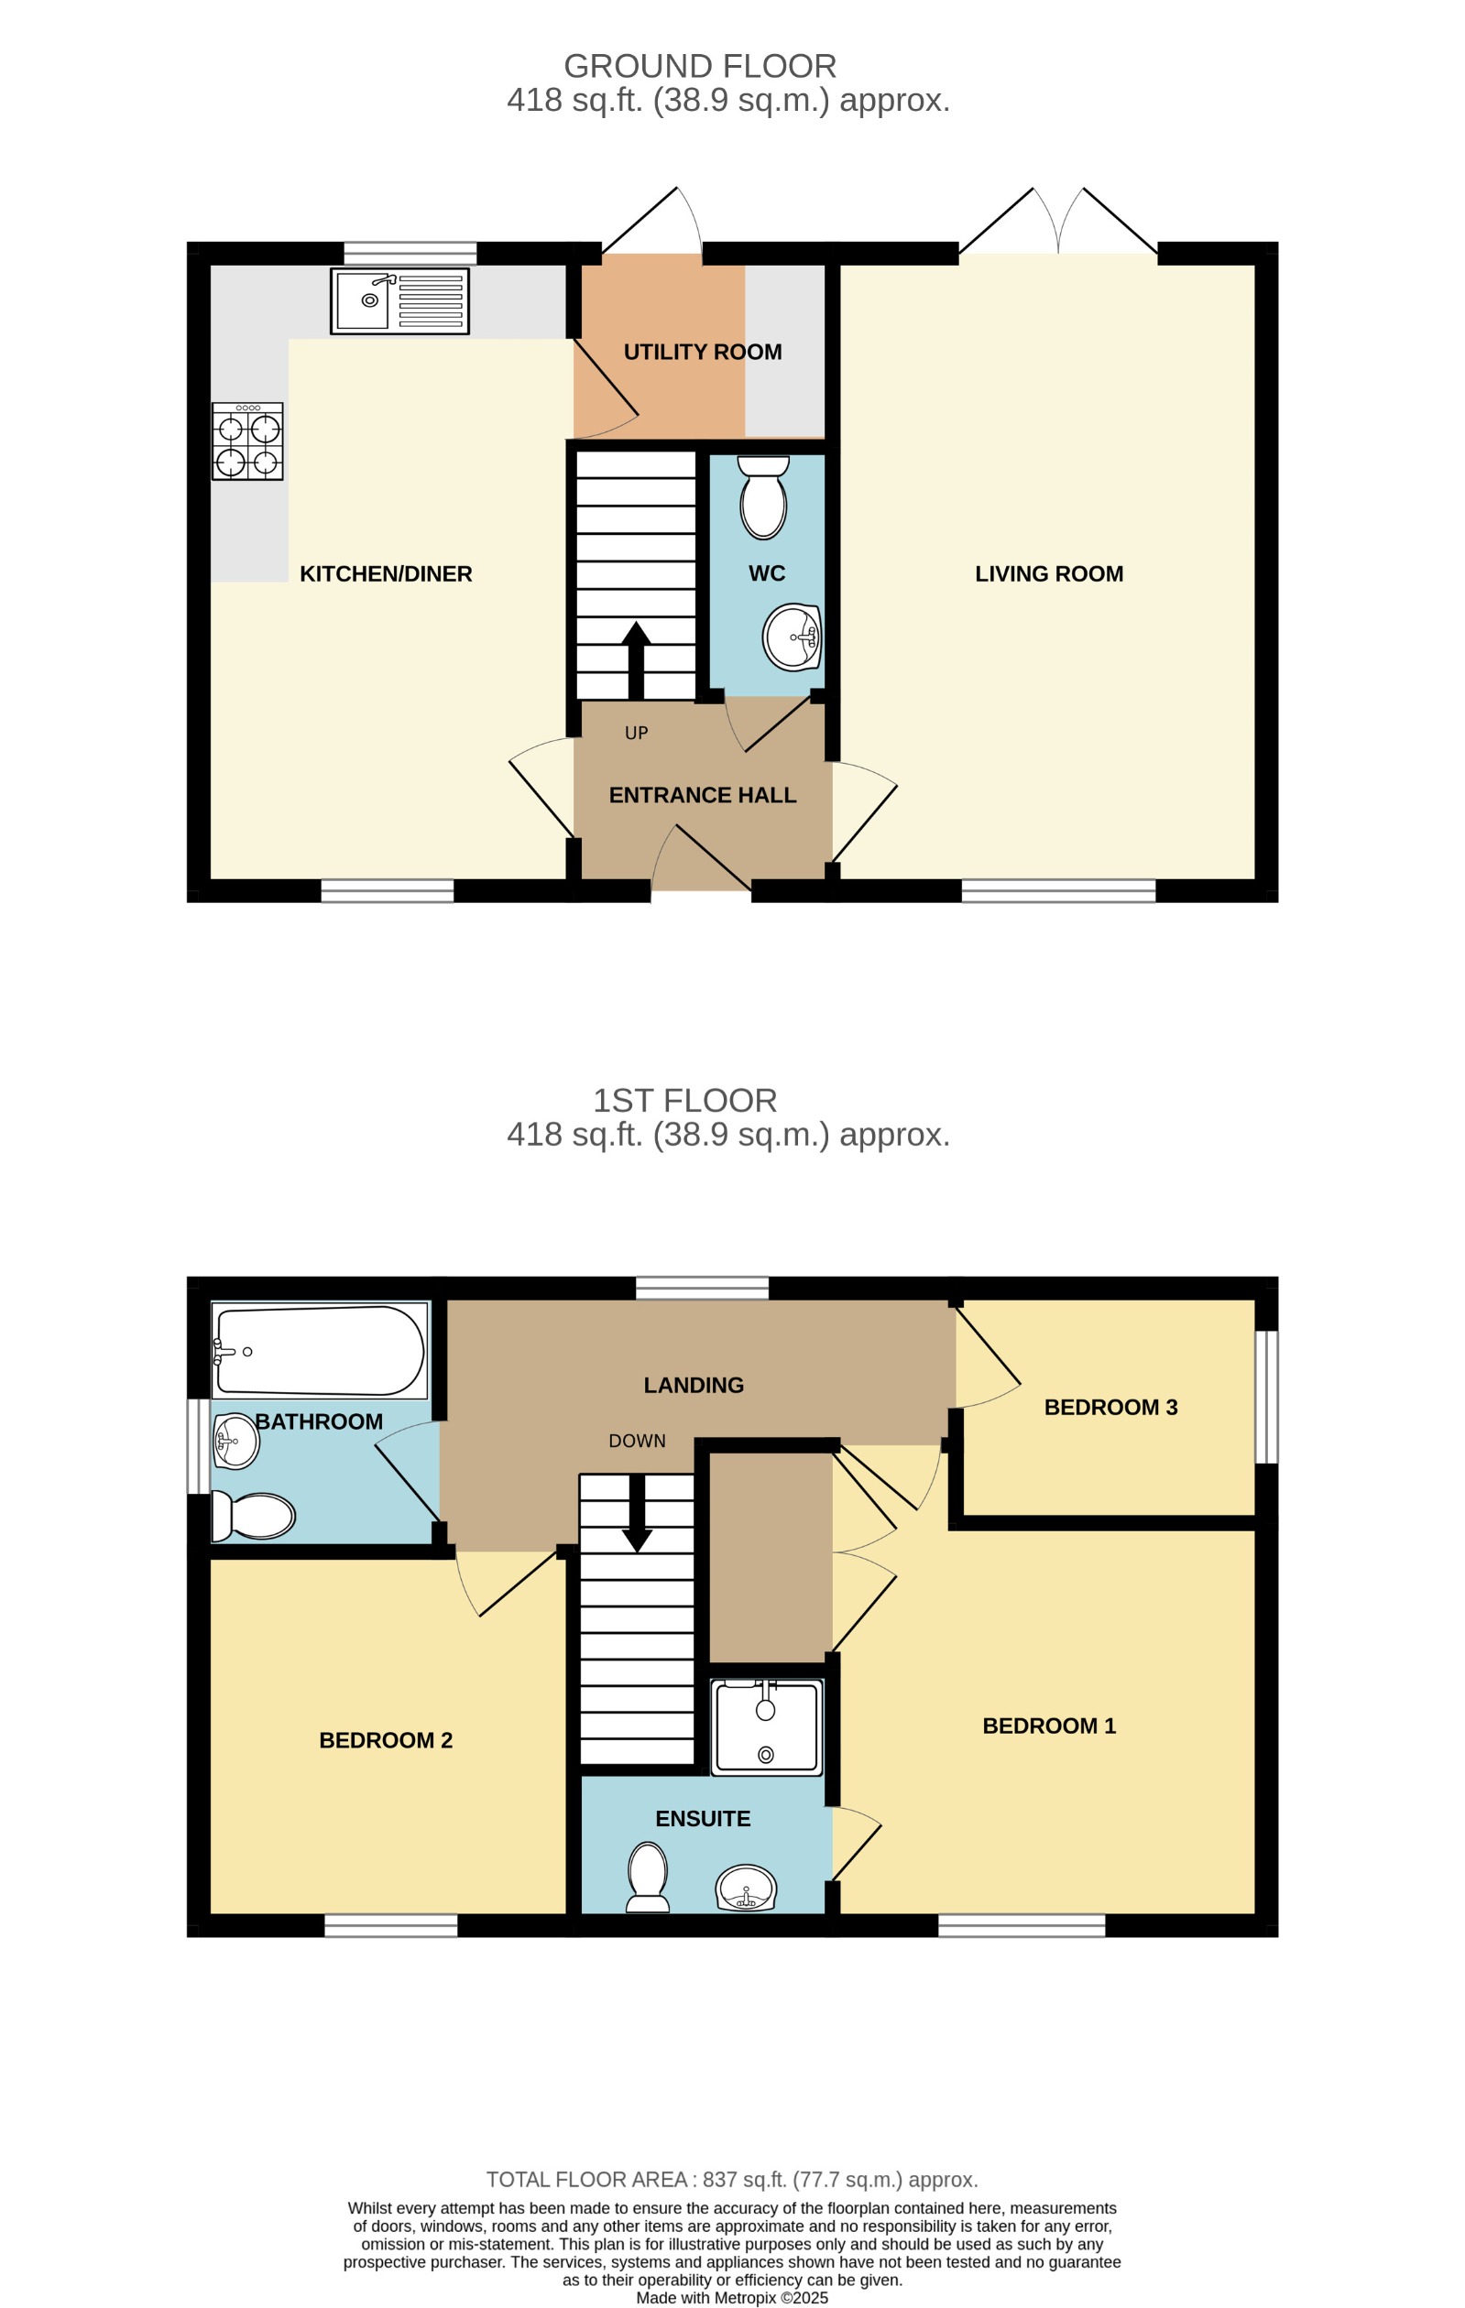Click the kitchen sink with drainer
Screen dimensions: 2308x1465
point(399,301)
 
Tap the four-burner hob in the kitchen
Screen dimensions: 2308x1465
point(247,441)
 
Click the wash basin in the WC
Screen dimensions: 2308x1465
point(792,637)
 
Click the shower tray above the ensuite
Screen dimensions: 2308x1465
point(766,1728)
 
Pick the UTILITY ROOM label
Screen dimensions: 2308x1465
point(703,352)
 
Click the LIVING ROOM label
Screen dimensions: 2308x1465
point(1049,573)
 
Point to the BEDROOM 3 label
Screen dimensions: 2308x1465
point(1110,1407)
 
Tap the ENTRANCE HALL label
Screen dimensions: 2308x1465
point(703,795)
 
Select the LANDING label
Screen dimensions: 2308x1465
point(694,1385)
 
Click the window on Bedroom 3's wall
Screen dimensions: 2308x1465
point(1266,1397)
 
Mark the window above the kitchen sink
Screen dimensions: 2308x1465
point(410,253)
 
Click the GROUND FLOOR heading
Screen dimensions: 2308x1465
point(700,66)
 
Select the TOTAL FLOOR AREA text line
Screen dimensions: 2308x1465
point(731,2180)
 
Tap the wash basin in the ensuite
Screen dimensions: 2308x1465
point(746,1889)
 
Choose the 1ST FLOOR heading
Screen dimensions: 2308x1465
point(684,1100)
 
